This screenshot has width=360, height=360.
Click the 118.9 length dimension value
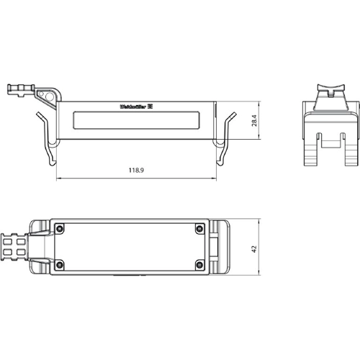tap(135, 171)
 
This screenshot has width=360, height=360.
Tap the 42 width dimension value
tap(253, 248)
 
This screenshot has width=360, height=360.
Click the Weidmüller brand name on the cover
tap(132, 107)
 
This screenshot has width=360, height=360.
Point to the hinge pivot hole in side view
tap(48, 95)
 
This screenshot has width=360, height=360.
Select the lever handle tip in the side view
tap(13, 90)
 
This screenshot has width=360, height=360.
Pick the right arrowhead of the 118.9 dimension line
tap(215, 179)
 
